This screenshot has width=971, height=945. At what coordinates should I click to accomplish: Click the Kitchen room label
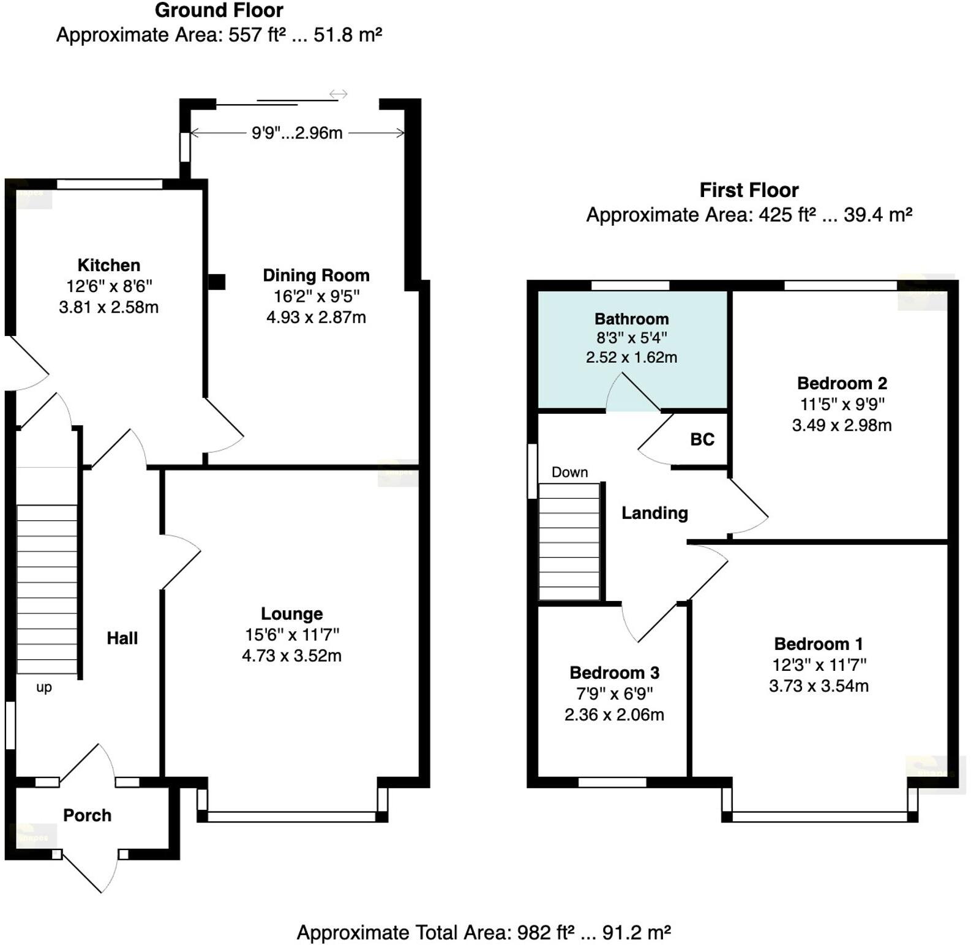tap(109, 265)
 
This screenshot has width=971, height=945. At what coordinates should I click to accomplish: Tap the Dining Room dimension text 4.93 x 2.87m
tap(316, 317)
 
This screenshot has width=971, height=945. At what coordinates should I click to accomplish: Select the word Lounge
tap(291, 613)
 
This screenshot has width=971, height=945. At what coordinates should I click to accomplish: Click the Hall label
tap(122, 638)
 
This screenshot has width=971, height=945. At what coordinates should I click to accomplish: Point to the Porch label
tap(87, 815)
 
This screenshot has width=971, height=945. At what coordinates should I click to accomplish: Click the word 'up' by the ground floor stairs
tap(44, 687)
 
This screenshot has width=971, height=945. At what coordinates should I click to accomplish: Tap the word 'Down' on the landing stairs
tap(569, 472)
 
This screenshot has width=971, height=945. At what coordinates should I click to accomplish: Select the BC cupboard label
tap(702, 439)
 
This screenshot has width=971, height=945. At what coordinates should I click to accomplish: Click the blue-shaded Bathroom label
tap(631, 319)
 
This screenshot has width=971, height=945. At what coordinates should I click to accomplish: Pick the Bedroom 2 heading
tap(842, 383)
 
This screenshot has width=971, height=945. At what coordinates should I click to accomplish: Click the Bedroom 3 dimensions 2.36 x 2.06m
tap(614, 714)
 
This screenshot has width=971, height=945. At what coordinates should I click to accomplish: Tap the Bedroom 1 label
tap(819, 644)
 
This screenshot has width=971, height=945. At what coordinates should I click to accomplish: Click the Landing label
tap(654, 513)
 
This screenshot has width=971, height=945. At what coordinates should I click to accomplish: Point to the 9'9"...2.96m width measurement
tap(297, 133)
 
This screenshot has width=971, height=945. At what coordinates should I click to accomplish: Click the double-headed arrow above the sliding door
tap(339, 94)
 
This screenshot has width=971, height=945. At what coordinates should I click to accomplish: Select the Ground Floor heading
tap(219, 10)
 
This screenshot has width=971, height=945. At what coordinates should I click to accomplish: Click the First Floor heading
tap(749, 190)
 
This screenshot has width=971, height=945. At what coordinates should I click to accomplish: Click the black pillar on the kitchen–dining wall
tap(217, 282)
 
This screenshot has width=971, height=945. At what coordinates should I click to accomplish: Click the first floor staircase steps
tap(569, 542)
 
